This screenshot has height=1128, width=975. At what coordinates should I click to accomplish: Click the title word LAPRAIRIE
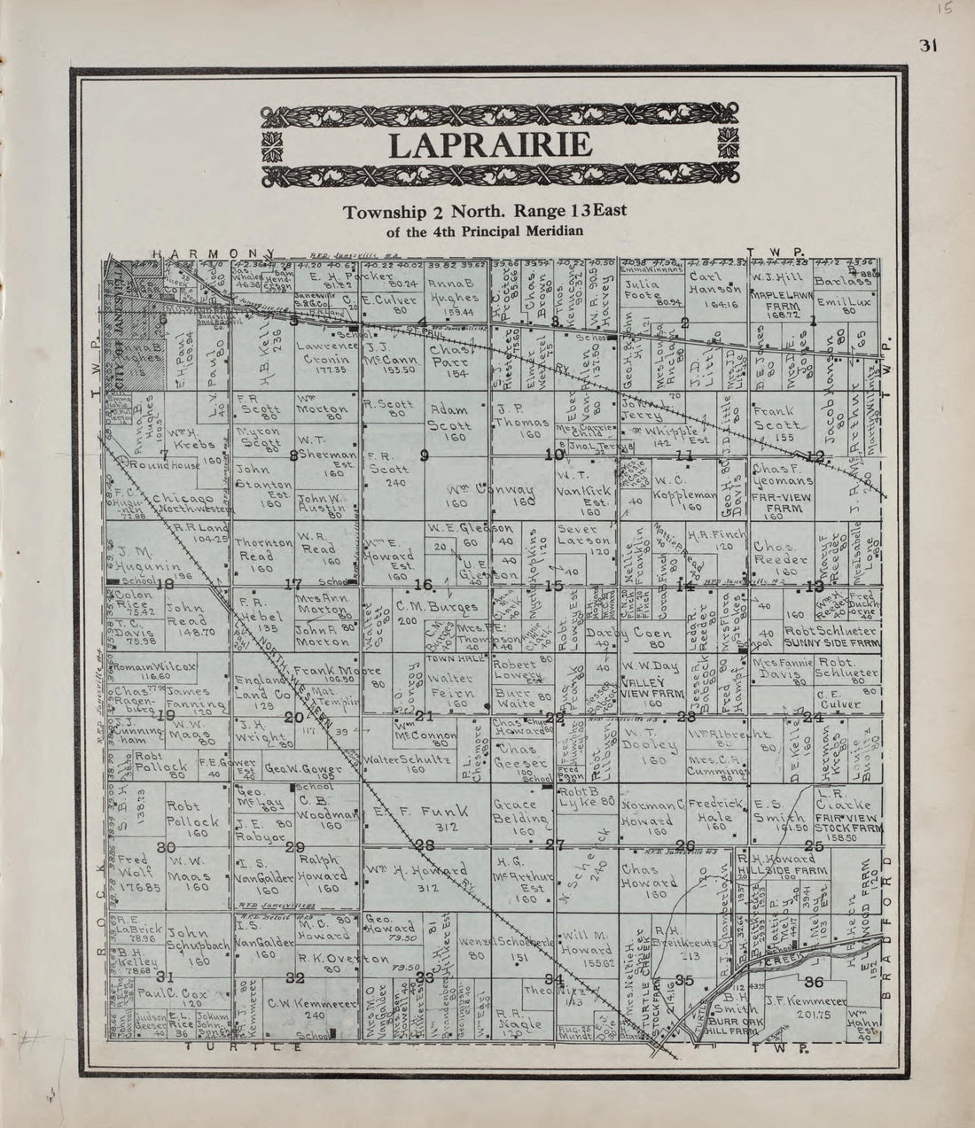coord(489,144)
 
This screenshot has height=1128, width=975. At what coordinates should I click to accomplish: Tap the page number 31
coord(928,47)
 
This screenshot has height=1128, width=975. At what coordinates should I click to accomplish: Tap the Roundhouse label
coord(162,464)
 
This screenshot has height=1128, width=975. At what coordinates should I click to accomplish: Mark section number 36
coord(812,981)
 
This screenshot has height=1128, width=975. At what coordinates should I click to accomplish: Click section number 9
coord(425,455)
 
